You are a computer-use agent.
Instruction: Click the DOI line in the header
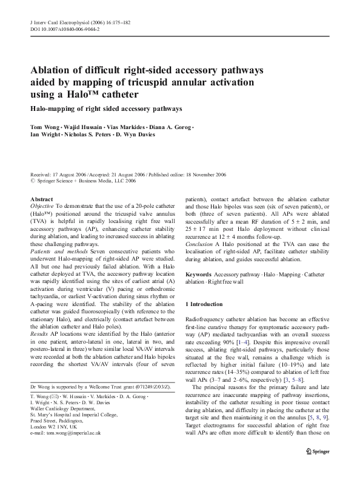[65, 28]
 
